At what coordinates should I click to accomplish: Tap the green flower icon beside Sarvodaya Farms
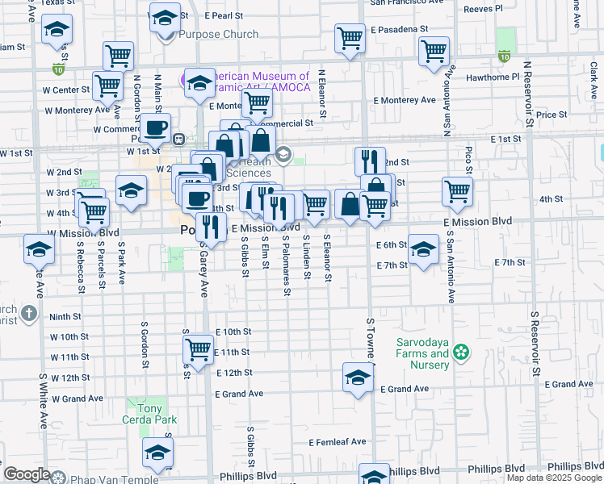[461, 351]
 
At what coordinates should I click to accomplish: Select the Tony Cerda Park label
[145, 409]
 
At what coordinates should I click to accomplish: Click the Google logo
[27, 475]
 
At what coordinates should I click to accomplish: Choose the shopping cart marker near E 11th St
[198, 349]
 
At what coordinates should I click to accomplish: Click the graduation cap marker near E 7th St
[422, 248]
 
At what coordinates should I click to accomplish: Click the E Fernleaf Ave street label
[338, 441]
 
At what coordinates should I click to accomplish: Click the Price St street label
[552, 115]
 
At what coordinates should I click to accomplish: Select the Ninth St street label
[65, 317]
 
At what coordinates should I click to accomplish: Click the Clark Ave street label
[594, 77]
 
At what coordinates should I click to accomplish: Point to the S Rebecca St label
[82, 261]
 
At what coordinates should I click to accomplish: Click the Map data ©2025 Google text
[553, 478]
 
